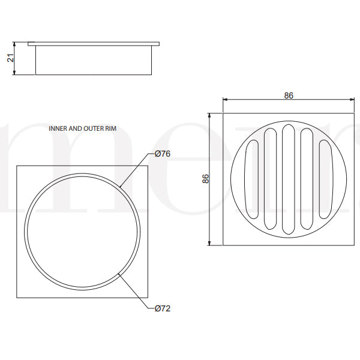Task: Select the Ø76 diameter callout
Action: (x=163, y=154)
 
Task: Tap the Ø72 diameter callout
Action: (x=163, y=308)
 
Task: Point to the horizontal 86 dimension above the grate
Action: (x=289, y=95)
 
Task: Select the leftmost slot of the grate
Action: (x=252, y=178)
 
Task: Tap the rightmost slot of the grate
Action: (x=325, y=178)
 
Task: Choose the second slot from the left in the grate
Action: (x=270, y=178)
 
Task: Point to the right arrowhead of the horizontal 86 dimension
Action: (x=352, y=100)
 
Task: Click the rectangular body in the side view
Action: (x=94, y=61)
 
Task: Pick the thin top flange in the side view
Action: (x=94, y=44)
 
